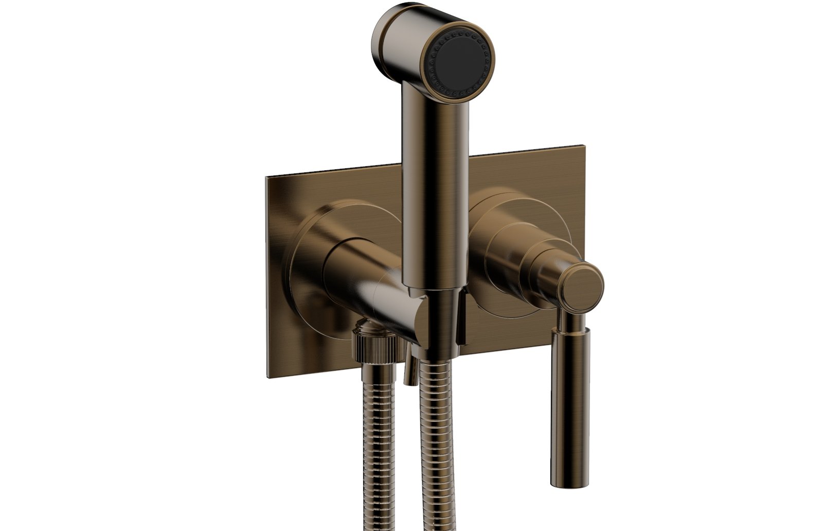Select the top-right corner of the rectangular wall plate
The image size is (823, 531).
coord(585,142)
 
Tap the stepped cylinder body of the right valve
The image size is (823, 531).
coord(514,257)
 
